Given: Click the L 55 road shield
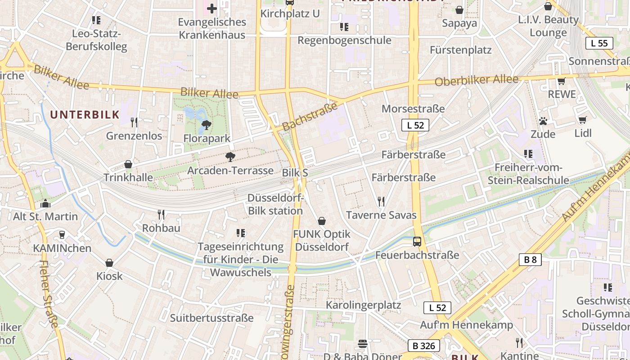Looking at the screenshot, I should [599, 43].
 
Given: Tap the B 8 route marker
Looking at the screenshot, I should [530, 260].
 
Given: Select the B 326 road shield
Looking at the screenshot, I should [423, 346].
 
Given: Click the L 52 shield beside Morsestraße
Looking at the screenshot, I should [415, 125].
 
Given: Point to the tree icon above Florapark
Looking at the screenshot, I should [207, 125].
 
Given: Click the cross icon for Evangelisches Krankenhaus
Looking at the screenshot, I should [211, 8].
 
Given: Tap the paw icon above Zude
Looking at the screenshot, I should [543, 121].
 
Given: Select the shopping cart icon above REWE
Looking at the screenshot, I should [561, 81].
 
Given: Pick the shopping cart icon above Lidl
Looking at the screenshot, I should [582, 120].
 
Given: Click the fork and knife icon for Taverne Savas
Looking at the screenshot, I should [381, 201].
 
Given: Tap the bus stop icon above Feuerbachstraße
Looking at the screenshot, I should [417, 242].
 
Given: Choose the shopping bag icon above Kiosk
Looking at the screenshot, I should [109, 263].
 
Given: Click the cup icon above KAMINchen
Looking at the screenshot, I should [62, 234].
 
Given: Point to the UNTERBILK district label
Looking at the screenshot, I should [85, 115].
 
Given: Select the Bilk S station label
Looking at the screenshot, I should [295, 173].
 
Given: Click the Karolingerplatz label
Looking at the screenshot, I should [363, 305].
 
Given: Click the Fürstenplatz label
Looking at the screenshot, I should [460, 50].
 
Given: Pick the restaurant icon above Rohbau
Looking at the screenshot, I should [161, 214].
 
